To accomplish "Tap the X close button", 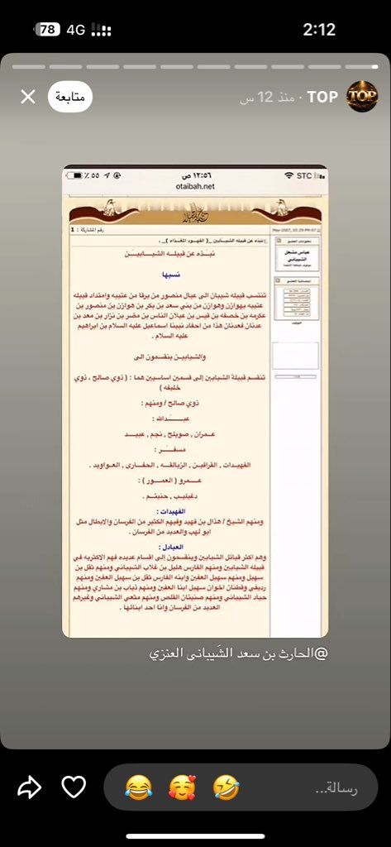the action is pyautogui.click(x=27, y=97).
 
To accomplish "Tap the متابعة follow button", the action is pyautogui.click(x=70, y=97).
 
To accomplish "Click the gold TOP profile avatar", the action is pyautogui.click(x=361, y=97).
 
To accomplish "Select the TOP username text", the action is pyautogui.click(x=322, y=97).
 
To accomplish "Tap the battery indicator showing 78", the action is pyautogui.click(x=48, y=30).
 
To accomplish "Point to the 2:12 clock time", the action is pyautogui.click(x=319, y=30).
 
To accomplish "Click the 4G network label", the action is pyautogui.click(x=76, y=30).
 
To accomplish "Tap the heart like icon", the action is pyautogui.click(x=74, y=787).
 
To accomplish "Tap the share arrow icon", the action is pyautogui.click(x=29, y=787).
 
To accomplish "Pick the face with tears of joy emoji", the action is pyautogui.click(x=133, y=787).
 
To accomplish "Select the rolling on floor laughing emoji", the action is pyautogui.click(x=225, y=787).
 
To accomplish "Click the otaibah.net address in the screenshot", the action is pyautogui.click(x=195, y=187).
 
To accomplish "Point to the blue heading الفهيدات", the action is pyautogui.click(x=195, y=512).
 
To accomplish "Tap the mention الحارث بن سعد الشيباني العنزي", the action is pyautogui.click(x=238, y=653).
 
